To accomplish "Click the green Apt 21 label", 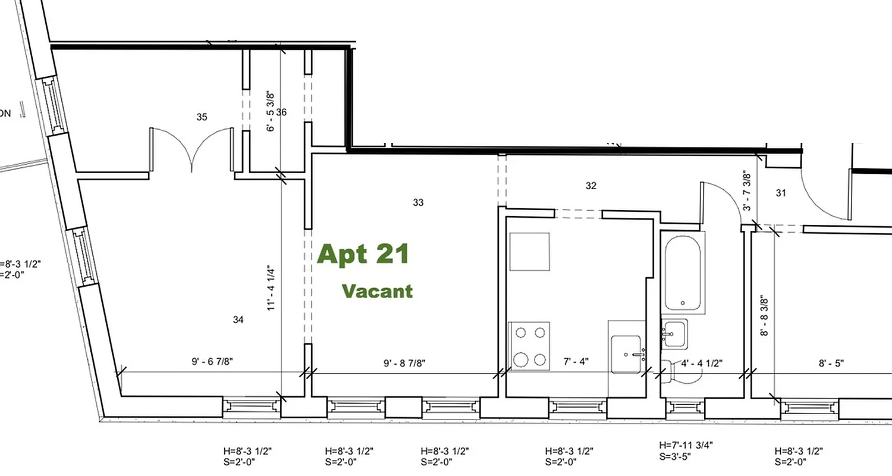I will (363, 254).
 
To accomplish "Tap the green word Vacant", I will (377, 291).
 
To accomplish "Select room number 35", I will (202, 117).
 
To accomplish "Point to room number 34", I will (238, 320).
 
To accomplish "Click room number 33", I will (418, 203).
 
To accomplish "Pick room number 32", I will (591, 186).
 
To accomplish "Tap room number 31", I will (781, 193).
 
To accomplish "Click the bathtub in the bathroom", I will (682, 273).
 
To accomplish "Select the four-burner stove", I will (529, 346).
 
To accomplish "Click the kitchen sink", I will (626, 355).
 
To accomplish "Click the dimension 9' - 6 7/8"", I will (216, 362).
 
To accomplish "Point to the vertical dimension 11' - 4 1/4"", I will (271, 288).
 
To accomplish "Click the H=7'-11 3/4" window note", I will (686, 444).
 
